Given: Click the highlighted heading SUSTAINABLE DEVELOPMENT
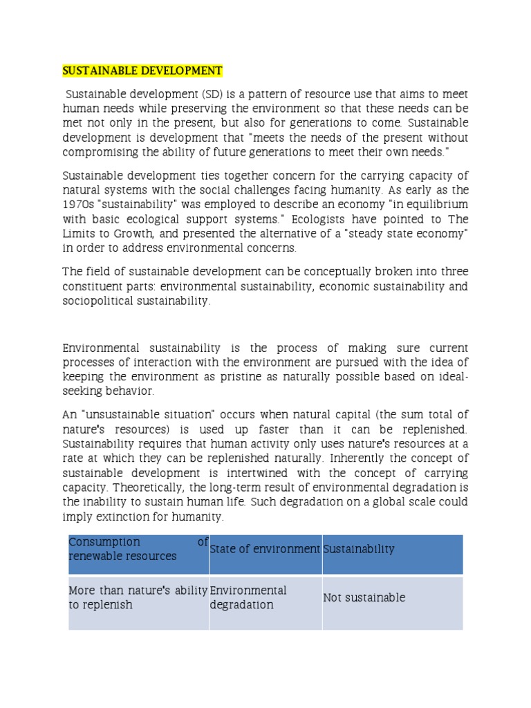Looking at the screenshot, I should click(x=142, y=71).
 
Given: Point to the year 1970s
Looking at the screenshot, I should click(x=77, y=204).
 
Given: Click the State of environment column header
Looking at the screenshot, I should click(x=265, y=549).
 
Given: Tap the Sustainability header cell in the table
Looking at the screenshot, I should click(x=359, y=549).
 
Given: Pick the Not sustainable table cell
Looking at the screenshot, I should click(x=364, y=597).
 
